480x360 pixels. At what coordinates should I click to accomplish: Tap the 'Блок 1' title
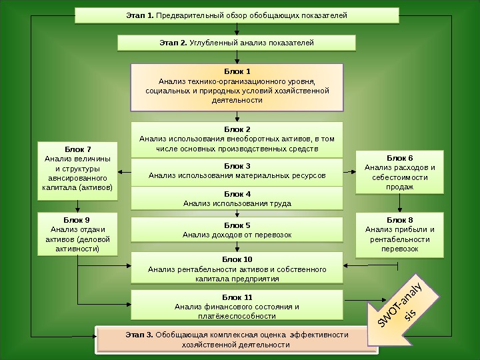click(x=237, y=71)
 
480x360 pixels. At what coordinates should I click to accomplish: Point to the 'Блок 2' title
click(x=237, y=129)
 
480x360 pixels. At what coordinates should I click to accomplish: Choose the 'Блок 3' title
click(x=237, y=165)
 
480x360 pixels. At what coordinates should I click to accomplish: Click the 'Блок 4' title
click(x=237, y=193)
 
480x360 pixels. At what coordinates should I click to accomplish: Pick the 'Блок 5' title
click(x=237, y=225)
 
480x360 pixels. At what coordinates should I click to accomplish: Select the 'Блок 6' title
click(x=399, y=157)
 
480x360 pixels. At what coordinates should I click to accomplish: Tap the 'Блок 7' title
click(x=77, y=149)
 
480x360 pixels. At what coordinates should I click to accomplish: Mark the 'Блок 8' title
click(x=399, y=219)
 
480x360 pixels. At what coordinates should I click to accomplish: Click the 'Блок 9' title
click(x=77, y=219)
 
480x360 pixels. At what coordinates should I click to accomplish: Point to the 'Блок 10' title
click(x=237, y=259)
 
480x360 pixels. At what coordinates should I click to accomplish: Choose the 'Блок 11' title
click(x=237, y=296)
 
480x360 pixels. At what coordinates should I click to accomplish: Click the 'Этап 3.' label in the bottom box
click(x=139, y=334)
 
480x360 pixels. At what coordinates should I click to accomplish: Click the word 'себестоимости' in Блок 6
click(x=399, y=177)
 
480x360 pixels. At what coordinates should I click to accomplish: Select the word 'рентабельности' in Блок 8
click(x=399, y=239)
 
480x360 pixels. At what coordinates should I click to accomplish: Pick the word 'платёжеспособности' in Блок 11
click(x=237, y=316)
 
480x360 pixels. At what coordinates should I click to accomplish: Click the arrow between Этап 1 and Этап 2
click(x=237, y=29)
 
